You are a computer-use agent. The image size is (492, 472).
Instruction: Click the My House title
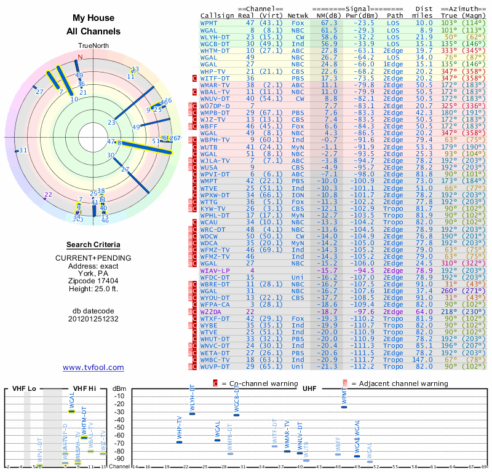(x=93, y=18)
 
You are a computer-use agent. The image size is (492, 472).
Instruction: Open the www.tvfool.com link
(x=93, y=368)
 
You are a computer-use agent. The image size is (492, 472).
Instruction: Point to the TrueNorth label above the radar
(x=93, y=46)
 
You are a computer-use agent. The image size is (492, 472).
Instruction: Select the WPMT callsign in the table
(x=209, y=22)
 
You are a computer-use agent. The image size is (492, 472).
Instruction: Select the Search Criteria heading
(x=93, y=245)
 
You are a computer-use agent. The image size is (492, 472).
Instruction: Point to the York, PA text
(x=93, y=273)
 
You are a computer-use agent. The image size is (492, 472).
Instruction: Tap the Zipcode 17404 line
(x=93, y=281)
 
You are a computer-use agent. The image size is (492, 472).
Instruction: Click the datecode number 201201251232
(x=93, y=318)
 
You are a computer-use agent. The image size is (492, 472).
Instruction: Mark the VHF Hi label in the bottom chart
(x=84, y=388)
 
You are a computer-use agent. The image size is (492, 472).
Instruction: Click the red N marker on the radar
(x=79, y=57)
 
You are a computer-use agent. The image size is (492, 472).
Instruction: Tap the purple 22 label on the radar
(x=48, y=195)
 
